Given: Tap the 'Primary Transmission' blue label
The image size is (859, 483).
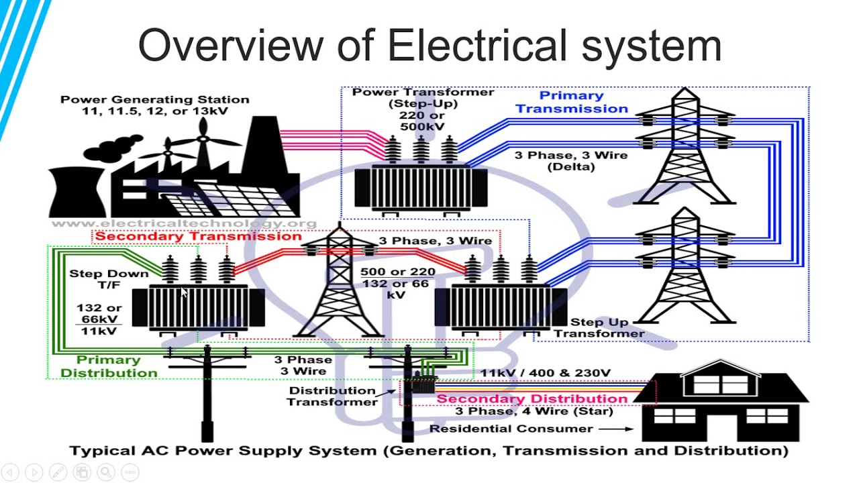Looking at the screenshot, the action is [571, 102].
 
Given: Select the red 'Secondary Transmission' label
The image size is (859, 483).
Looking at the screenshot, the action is [198, 235].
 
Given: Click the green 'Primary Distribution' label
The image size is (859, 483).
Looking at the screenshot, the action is [109, 366].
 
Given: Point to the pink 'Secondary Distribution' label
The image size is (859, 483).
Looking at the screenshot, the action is [532, 398].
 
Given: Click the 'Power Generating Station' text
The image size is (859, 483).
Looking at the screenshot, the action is [154, 99].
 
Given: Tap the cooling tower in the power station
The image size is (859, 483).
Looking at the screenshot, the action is [77, 192].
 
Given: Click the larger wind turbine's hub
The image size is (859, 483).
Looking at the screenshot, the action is [203, 139].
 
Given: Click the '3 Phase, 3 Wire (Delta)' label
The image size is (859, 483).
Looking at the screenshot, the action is [571, 161].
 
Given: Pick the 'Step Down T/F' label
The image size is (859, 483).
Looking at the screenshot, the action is [109, 279].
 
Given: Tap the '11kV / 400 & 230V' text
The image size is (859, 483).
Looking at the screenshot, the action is [546, 372].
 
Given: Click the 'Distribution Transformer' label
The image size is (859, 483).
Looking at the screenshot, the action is [332, 396].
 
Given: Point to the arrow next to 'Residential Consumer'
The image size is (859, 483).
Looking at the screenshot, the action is [616, 429].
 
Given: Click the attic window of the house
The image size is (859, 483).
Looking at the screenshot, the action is [721, 384].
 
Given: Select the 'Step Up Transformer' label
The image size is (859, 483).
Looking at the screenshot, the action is [599, 328].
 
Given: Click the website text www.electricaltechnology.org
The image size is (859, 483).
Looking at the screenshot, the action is [184, 223].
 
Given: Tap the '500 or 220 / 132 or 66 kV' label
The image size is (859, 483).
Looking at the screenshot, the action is [397, 283].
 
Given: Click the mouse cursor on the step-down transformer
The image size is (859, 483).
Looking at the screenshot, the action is [184, 292].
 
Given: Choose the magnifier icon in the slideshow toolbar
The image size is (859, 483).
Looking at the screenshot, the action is [106, 472].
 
